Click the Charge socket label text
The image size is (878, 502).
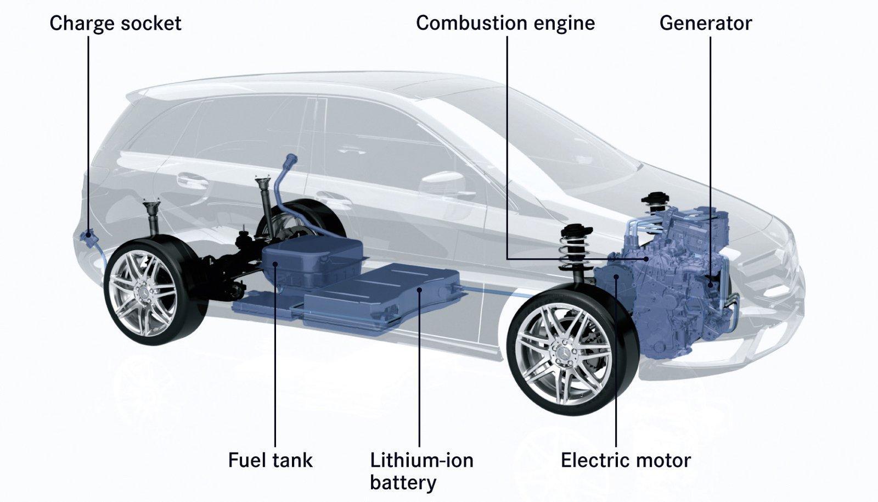coord(115,24)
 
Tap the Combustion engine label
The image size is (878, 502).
coord(505,24)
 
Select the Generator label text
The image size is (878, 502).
coord(706,23)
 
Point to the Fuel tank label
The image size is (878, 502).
coord(271,460)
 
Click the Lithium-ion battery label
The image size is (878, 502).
coord(422,471)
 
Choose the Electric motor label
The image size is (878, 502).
coord(626,460)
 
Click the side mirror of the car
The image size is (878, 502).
coord(442,185)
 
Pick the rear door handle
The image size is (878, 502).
coord(193,180)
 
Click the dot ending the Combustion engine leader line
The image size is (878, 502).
coord(646,259)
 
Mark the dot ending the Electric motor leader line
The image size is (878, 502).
coord(616,277)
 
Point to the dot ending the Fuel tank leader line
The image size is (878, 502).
coord(275,264)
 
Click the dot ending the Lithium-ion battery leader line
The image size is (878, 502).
coord(419,290)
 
